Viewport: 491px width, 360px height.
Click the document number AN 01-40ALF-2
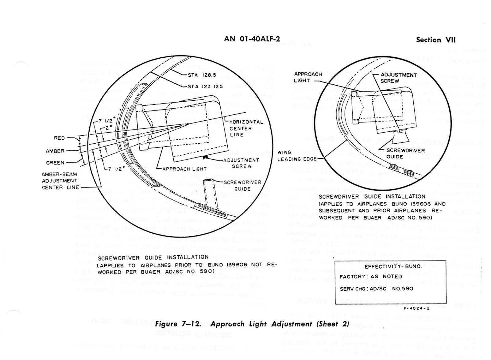252,39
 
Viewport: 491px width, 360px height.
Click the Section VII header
436,40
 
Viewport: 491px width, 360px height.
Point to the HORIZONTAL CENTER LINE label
246,128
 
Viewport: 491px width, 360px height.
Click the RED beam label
59,138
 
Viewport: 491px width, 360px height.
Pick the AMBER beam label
55,151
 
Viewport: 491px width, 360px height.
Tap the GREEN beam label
55,163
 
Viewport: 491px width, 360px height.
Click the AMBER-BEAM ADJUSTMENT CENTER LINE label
60,181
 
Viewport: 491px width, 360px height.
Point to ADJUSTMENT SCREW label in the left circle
242,163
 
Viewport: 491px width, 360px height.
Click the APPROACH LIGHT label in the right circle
308,77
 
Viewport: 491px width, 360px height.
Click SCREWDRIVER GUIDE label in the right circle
405,153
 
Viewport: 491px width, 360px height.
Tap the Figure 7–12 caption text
252,324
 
